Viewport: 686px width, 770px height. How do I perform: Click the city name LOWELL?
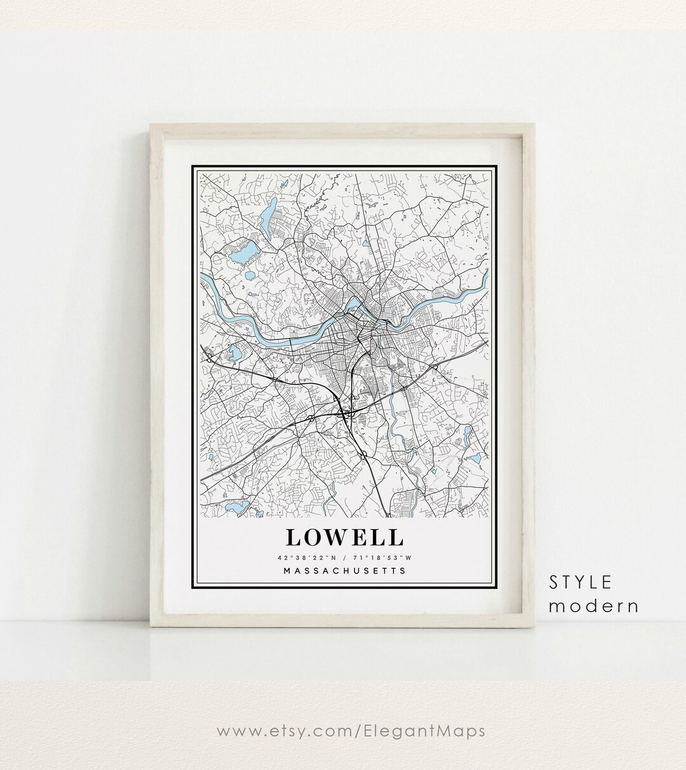(x=344, y=537)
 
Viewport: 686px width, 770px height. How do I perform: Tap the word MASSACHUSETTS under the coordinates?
(x=344, y=571)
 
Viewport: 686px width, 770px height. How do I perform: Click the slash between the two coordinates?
(x=344, y=558)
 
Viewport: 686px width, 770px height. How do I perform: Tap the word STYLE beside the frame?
(x=581, y=582)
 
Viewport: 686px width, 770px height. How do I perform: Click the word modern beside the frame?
(x=593, y=606)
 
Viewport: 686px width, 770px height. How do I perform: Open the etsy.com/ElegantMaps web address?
(x=351, y=731)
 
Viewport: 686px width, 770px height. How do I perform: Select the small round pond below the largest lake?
(x=249, y=276)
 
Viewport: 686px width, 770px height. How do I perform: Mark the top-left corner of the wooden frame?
(x=151, y=125)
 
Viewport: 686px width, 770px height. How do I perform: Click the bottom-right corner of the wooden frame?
(x=535, y=628)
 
